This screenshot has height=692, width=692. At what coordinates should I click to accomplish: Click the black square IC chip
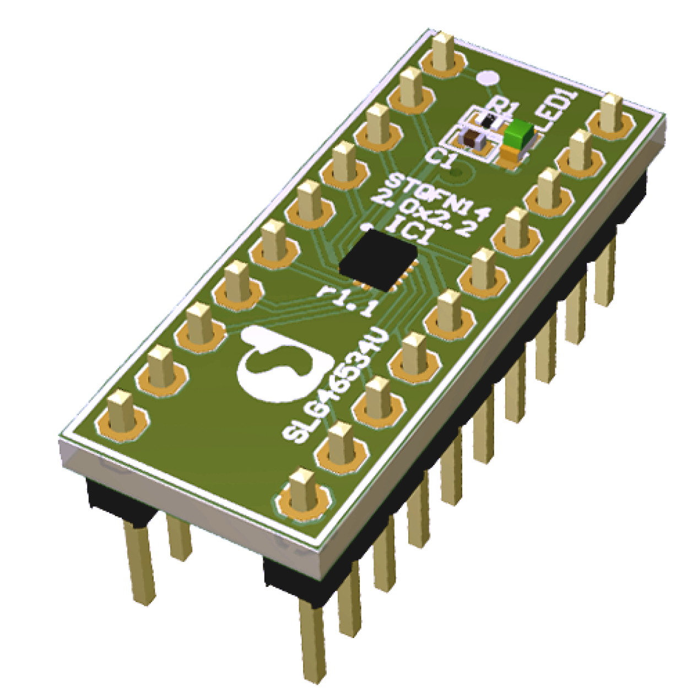pos(379,259)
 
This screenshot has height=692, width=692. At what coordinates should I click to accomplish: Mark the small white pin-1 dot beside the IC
pos(364,226)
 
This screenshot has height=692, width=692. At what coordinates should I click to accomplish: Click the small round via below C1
pos(455,172)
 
